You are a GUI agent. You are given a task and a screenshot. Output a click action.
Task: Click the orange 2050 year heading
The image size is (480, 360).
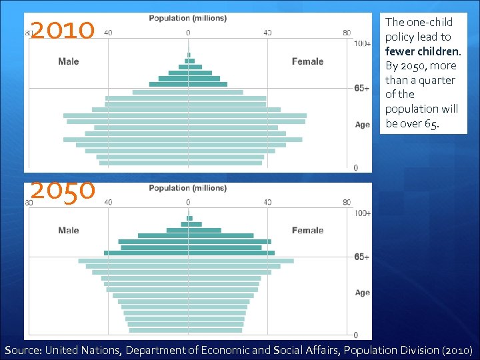click(x=63, y=191)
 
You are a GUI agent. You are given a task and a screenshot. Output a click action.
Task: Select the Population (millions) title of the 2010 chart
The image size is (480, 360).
click(x=187, y=18)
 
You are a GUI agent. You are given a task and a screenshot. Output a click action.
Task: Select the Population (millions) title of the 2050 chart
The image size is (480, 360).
click(x=187, y=188)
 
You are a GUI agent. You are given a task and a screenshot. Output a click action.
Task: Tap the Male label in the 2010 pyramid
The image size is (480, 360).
click(x=69, y=61)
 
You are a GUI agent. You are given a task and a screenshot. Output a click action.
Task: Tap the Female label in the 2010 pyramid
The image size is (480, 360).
click(x=307, y=61)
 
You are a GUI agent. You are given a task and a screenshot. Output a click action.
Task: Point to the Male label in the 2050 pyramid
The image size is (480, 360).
click(x=69, y=231)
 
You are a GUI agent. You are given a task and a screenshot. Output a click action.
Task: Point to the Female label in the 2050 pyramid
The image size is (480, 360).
click(x=307, y=231)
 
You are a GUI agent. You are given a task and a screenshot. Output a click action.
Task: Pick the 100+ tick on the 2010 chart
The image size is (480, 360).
click(x=362, y=44)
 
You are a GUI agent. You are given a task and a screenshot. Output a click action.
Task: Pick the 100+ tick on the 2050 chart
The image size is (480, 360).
click(x=362, y=213)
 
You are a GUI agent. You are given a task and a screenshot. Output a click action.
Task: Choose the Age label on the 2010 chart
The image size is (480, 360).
click(x=362, y=125)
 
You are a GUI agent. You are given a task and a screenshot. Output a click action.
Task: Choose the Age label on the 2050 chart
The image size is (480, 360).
click(x=362, y=293)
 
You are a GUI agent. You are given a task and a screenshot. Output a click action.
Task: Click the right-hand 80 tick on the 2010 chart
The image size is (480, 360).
click(x=347, y=32)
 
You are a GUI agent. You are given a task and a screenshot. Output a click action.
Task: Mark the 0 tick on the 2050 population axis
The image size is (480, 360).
click(x=187, y=202)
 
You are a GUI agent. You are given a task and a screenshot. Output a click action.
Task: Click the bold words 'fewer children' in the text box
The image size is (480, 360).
click(x=422, y=51)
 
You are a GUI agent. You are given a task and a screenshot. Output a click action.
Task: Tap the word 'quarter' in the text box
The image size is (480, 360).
click(x=438, y=80)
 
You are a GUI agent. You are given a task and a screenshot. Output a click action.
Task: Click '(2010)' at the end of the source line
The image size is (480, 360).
click(x=457, y=350)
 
